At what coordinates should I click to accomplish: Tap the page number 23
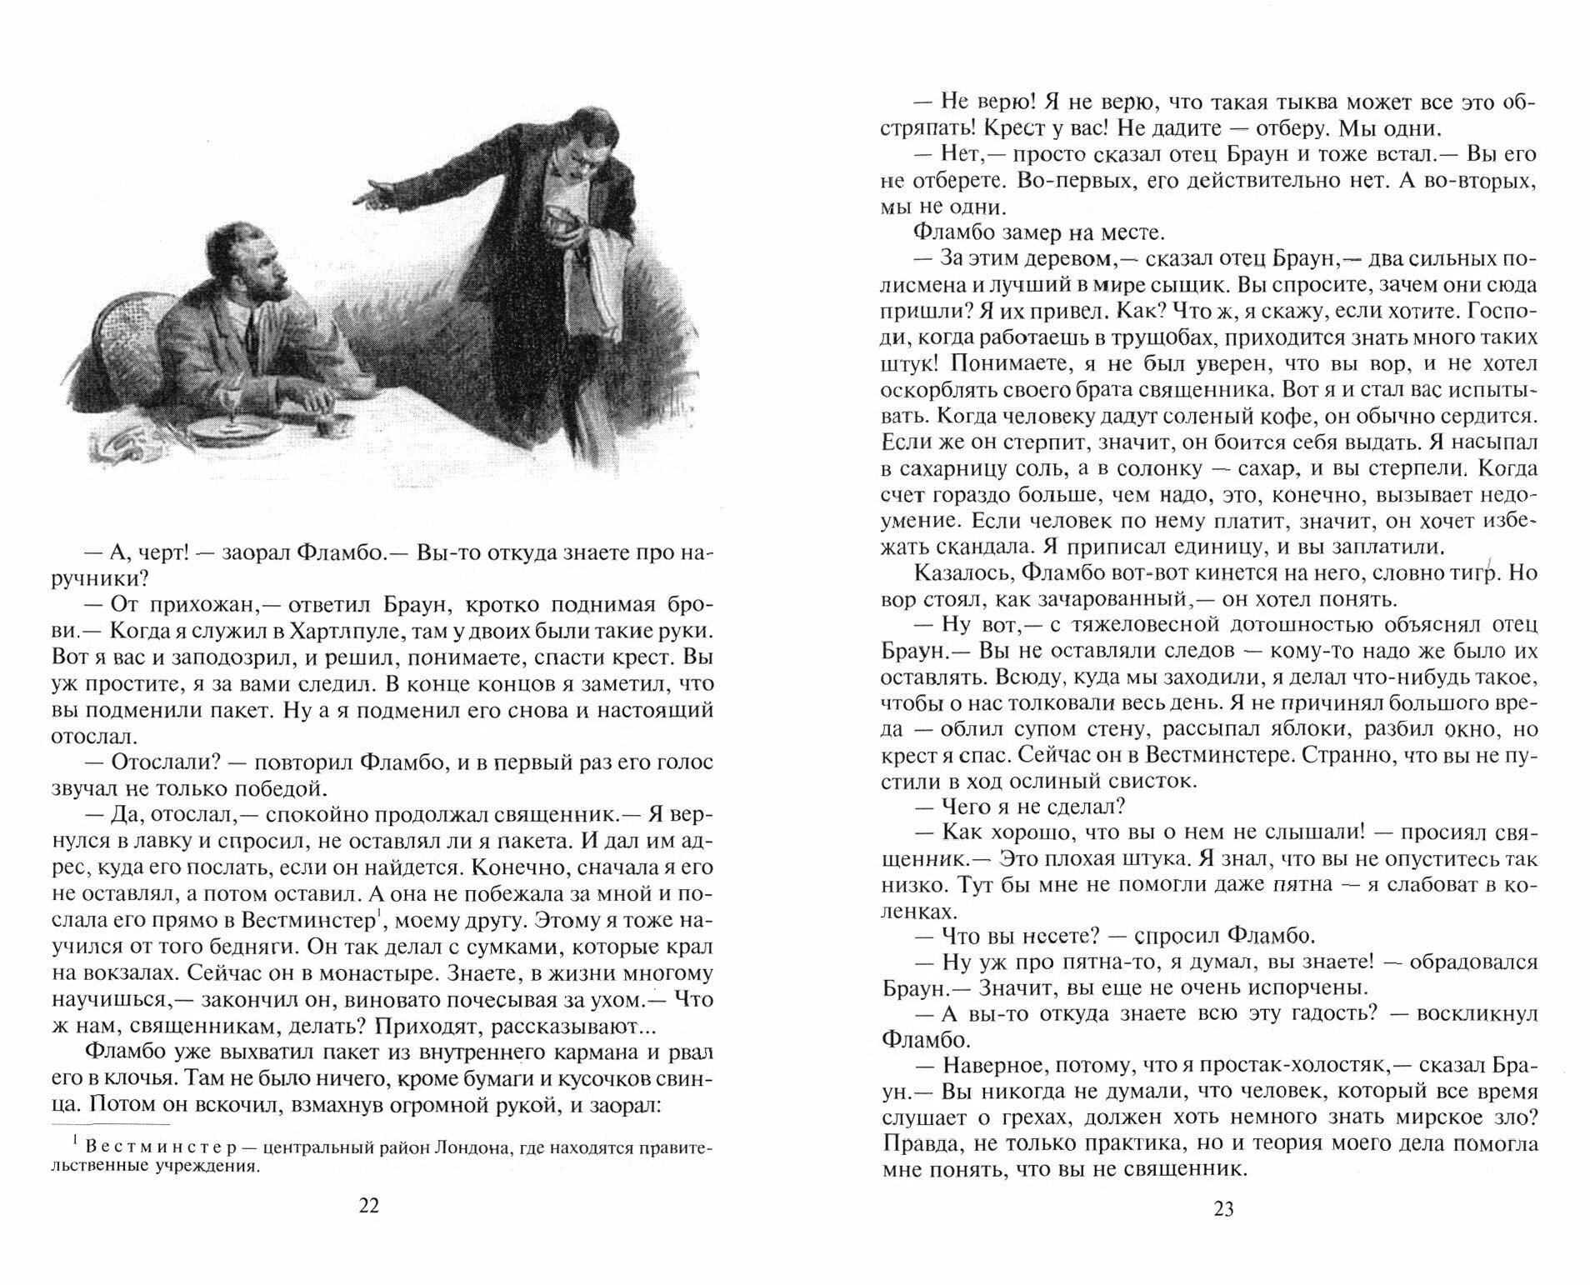[1222, 1209]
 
